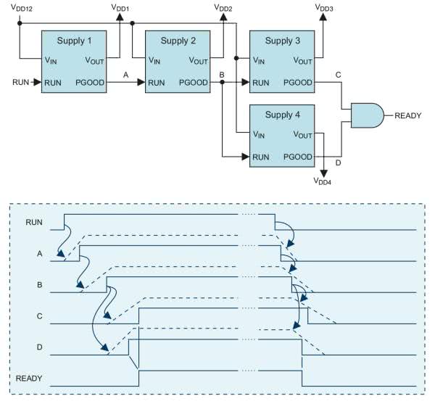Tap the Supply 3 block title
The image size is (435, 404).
pos(282,41)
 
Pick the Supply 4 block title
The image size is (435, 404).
pos(282,113)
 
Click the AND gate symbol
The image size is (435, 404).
pos(366,115)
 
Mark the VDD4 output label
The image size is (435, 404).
pos(327,182)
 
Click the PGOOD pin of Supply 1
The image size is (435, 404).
pos(90,83)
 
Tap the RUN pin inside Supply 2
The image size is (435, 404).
pos(156,83)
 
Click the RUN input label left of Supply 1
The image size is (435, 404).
pos(21,83)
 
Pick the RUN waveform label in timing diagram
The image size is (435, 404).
pos(33,220)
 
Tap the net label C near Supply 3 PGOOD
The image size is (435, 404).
pos(338,75)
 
